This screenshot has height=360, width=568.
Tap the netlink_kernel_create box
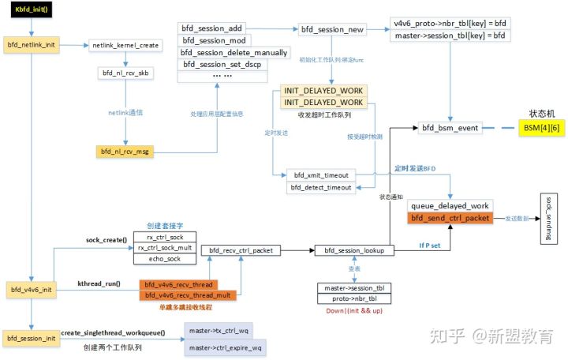125,46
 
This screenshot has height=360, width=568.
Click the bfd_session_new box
332,29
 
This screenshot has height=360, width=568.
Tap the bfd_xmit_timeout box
320,174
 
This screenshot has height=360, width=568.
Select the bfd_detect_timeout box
320,187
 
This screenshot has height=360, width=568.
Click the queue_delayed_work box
450,205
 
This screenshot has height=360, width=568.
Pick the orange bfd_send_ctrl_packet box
450,217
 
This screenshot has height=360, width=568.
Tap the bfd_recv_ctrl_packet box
241,250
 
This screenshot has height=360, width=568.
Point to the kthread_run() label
99,283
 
